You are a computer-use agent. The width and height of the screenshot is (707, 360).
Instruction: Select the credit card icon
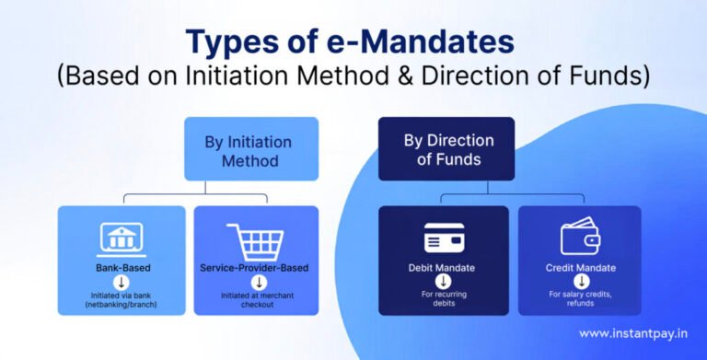click(444, 238)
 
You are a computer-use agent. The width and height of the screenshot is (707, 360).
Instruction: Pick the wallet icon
click(580, 238)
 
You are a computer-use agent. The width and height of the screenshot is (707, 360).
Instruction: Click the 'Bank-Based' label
click(122, 268)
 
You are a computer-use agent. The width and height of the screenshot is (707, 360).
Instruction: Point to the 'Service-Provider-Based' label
click(256, 268)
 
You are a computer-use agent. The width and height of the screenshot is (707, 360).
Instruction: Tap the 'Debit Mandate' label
click(444, 268)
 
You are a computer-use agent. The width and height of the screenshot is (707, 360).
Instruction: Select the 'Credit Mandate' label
click(580, 268)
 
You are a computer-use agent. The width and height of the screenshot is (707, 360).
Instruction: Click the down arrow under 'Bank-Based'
click(122, 282)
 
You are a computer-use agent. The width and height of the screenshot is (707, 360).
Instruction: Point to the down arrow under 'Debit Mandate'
click(444, 282)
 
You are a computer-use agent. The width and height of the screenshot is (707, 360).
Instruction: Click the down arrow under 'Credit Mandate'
click(580, 282)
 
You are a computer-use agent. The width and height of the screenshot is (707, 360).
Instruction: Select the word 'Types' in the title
click(232, 43)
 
